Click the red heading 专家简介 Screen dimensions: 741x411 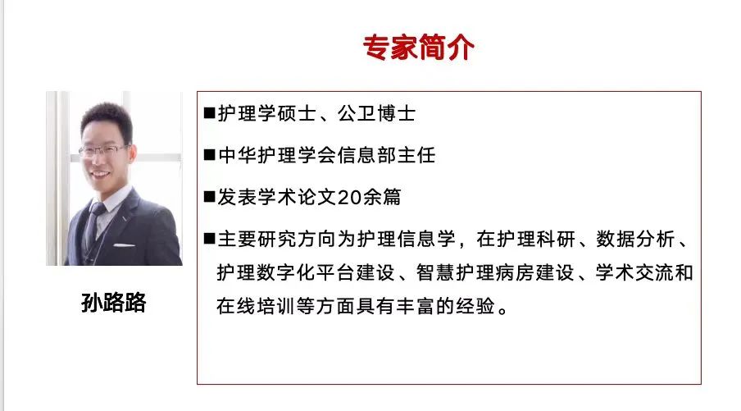click(419, 48)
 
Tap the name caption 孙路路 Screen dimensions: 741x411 click(113, 303)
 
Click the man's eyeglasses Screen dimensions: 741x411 click(102, 151)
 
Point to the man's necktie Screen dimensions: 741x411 click(94, 223)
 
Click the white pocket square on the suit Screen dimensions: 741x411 click(124, 245)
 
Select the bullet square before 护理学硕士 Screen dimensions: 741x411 click(209, 113)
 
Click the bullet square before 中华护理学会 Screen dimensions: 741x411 click(209, 155)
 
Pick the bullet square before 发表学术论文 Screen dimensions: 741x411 click(209, 197)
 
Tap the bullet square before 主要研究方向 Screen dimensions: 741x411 click(209, 239)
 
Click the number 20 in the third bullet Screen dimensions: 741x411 click(349, 197)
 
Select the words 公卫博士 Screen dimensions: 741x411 click(376, 113)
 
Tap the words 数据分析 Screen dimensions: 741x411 click(635, 239)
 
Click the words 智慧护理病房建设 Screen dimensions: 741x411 click(495, 273)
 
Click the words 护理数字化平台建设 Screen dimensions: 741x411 click(306, 273)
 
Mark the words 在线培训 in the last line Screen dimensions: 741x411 click(256, 307)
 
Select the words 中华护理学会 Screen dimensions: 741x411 click(276, 155)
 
